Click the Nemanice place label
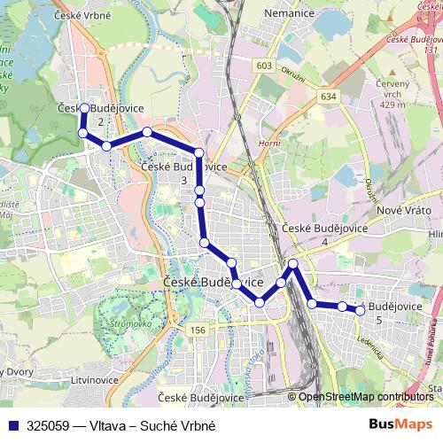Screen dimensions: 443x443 click(x=289, y=15)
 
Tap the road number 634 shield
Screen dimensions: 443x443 click(x=330, y=96)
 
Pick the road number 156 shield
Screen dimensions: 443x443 click(x=197, y=329)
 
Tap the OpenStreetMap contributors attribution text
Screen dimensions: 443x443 click(x=366, y=397)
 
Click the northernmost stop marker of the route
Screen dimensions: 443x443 click(x=84, y=109)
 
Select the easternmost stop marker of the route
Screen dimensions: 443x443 click(x=360, y=310)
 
